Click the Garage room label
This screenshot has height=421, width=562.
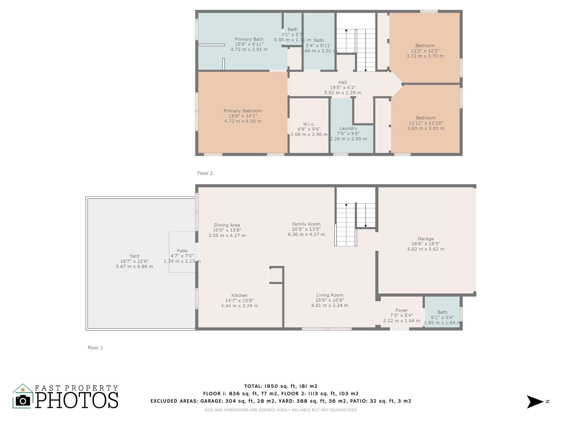426,239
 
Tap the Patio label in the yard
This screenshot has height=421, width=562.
182,251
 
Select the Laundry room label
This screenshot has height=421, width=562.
348,128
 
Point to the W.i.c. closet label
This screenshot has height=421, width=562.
309,124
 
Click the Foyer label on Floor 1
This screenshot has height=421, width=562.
401,310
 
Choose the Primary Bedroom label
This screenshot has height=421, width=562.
243,111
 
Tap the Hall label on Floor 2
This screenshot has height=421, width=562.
342,82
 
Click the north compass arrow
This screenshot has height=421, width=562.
535,402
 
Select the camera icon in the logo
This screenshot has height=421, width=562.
23,401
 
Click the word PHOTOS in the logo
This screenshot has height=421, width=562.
77,400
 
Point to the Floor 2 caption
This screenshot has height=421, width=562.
205,173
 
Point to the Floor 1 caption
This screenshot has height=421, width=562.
95,348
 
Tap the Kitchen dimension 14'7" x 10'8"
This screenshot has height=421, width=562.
239,300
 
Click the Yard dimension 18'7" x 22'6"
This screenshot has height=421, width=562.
134,261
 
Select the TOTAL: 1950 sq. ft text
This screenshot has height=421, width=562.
281,386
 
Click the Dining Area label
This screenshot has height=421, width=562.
227,225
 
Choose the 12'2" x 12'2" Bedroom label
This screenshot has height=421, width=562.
425,51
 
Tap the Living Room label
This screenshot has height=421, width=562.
330,295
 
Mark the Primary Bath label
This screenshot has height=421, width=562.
249,39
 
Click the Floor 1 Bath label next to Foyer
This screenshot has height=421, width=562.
442,312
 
